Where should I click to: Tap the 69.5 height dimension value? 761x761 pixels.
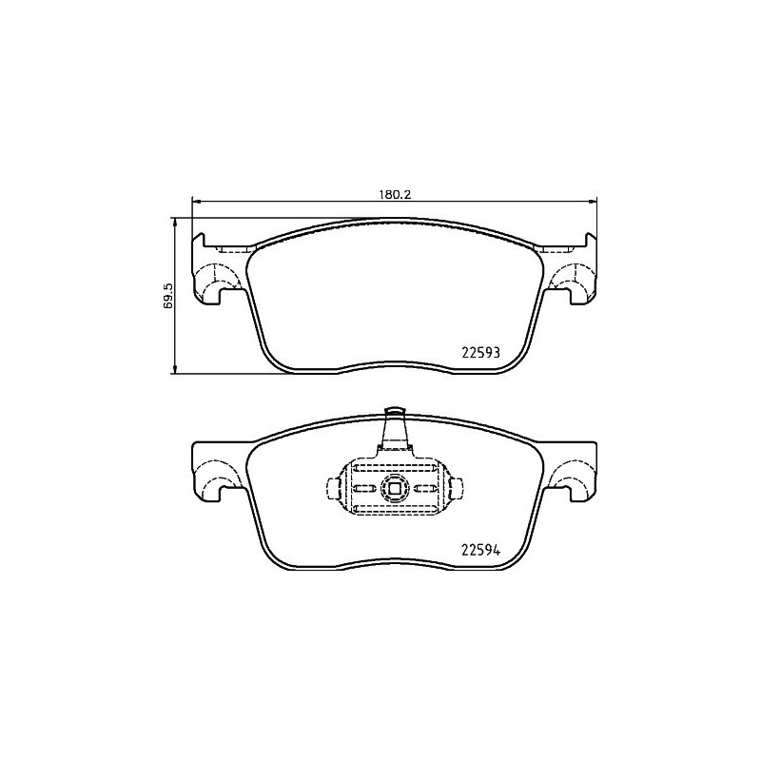(167, 295)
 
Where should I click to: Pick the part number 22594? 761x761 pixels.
(480, 550)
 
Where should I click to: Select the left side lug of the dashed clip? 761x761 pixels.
(333, 489)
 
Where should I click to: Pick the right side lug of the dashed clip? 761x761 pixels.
(455, 489)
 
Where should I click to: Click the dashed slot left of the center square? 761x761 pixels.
(365, 489)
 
